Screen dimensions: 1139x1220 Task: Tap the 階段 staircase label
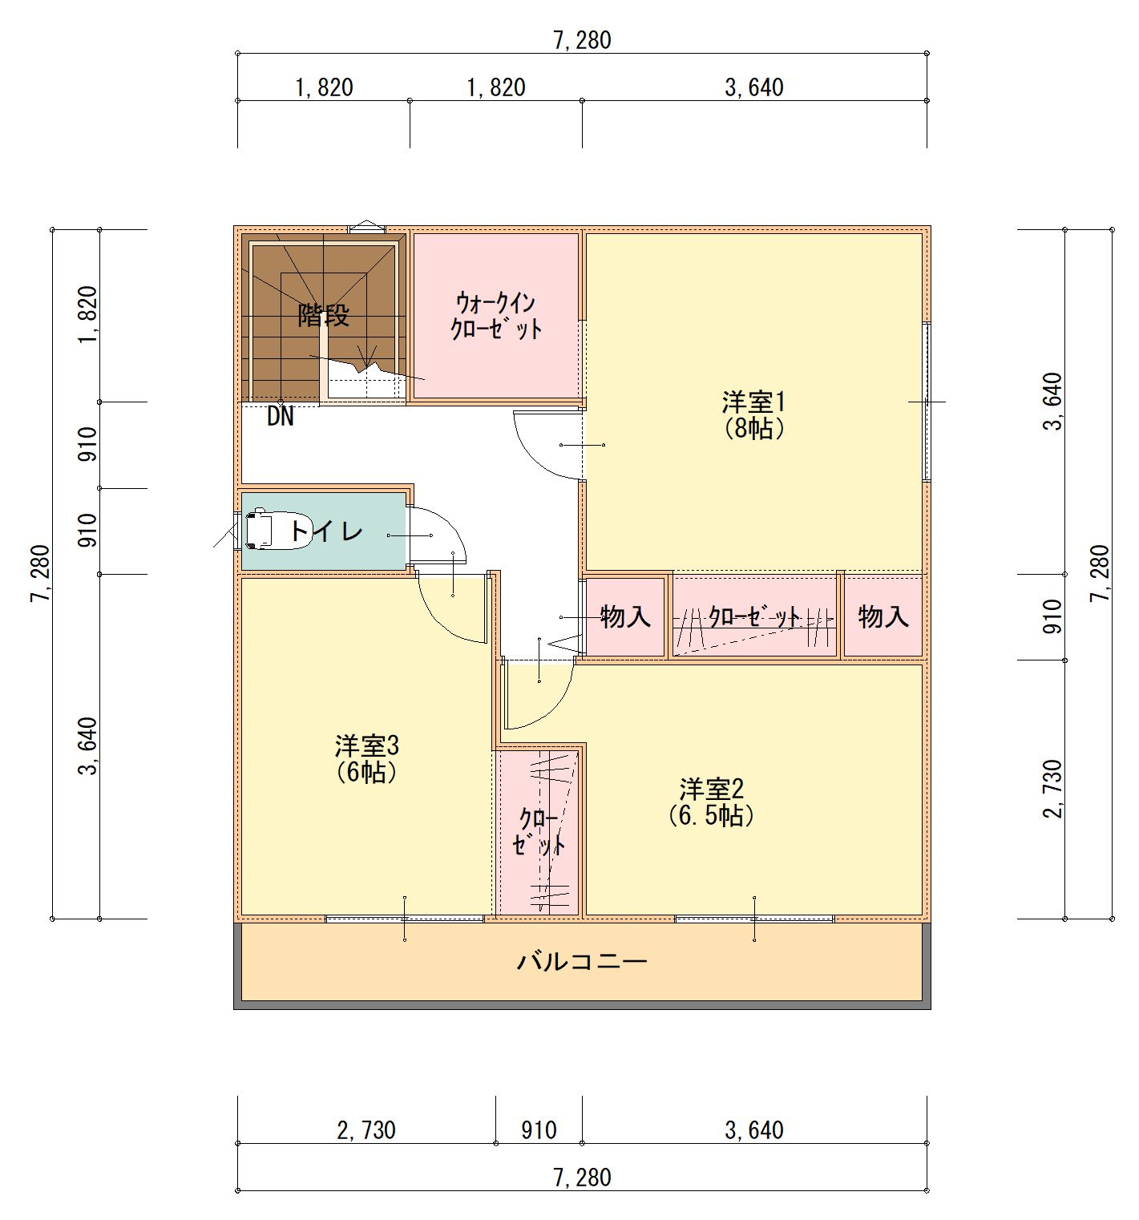point(324,315)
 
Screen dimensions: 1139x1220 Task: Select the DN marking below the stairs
point(281,417)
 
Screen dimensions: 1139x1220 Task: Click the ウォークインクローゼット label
point(497,316)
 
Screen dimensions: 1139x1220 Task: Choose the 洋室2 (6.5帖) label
point(712,802)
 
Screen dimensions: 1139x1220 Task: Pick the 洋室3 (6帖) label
point(367,759)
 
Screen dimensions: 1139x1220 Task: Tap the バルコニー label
point(582,960)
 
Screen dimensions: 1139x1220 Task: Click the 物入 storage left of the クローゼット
point(625,616)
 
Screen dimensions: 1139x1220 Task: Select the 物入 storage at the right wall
point(883,616)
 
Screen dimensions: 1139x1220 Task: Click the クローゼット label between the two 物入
point(754,617)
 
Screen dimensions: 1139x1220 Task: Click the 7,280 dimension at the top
point(582,40)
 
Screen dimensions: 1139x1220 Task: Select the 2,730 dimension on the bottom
point(366,1130)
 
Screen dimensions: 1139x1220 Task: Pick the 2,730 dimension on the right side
point(1052,790)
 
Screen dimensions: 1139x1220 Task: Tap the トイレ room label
point(326,531)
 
